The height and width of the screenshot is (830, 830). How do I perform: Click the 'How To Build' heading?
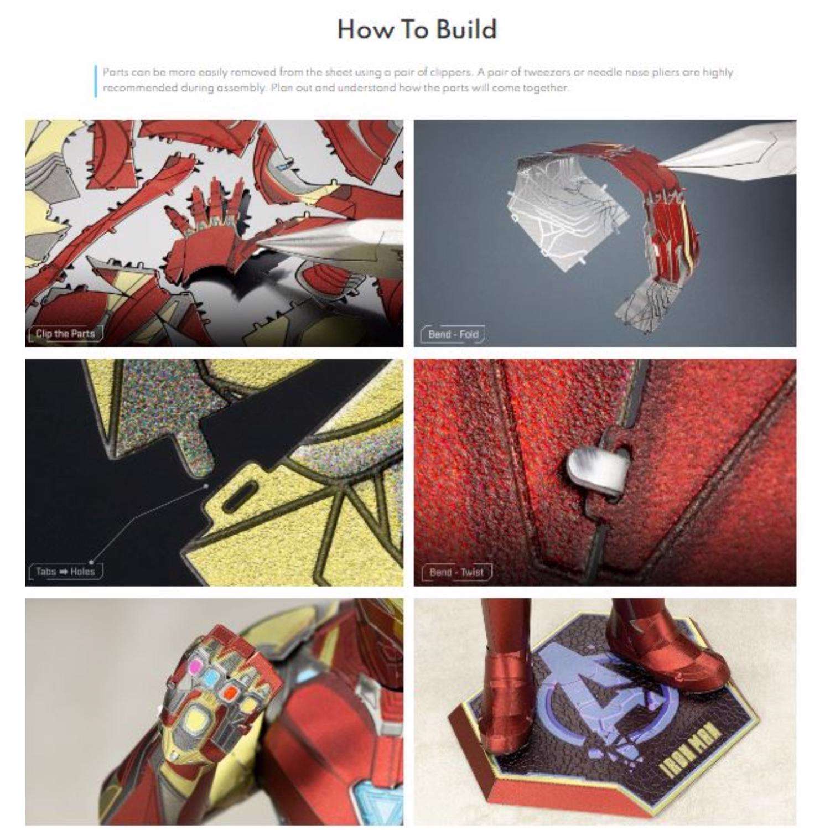coord(417,29)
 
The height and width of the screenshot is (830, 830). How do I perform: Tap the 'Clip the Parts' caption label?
coord(65,334)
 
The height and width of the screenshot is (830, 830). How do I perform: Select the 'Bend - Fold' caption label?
coord(453,334)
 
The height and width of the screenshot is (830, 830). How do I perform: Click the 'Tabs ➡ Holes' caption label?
coord(65,572)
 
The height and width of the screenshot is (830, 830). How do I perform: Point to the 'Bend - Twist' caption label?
coord(456,572)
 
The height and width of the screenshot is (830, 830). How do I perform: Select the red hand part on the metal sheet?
coord(216,221)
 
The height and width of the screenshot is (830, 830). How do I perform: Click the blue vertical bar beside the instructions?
coord(96,81)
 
